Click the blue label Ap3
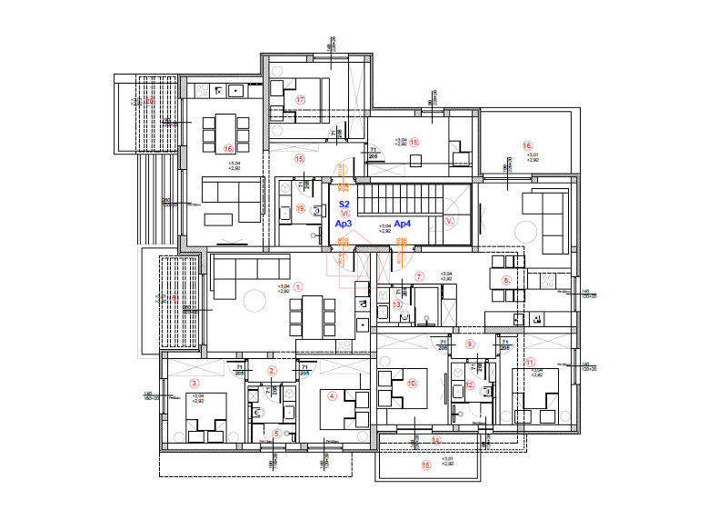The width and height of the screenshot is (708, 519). pyautogui.click(x=344, y=223)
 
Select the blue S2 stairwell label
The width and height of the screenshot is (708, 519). pyautogui.click(x=344, y=205)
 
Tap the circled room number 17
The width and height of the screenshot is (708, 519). pyautogui.click(x=298, y=99)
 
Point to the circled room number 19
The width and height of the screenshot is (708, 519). pyautogui.click(x=301, y=208)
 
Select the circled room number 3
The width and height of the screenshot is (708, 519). pyautogui.click(x=194, y=384)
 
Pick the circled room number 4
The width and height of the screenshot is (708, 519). pyautogui.click(x=332, y=395)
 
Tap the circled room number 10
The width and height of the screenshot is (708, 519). pyautogui.click(x=412, y=384)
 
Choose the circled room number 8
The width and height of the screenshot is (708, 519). pyautogui.click(x=506, y=280)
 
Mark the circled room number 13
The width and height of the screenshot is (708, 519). pyautogui.click(x=396, y=305)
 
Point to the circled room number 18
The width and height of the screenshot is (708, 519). pyautogui.click(x=414, y=142)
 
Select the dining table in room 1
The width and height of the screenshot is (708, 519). pyautogui.click(x=304, y=317)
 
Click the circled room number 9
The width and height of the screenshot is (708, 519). pyautogui.click(x=470, y=344)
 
